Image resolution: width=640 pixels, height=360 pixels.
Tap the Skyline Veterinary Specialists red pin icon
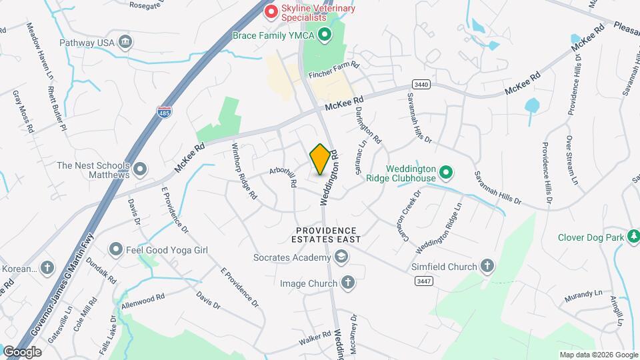[x=271, y=11]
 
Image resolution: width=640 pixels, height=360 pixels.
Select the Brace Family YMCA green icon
[x=325, y=34]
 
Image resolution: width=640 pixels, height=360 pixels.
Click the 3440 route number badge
[x=421, y=85]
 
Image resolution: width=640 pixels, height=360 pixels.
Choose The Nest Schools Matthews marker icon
[x=140, y=169]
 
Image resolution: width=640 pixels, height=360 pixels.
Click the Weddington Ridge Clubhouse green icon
[x=447, y=173]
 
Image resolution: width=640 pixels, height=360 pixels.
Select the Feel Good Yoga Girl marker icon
[x=116, y=250]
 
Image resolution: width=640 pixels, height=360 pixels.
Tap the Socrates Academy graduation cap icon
[x=341, y=257]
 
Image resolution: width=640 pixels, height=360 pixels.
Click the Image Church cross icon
[x=347, y=283]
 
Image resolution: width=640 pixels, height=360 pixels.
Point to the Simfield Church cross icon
[x=487, y=267]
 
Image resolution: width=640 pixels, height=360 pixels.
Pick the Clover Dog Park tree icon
[x=633, y=236]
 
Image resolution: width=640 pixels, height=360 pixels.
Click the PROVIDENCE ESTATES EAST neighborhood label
[x=329, y=234]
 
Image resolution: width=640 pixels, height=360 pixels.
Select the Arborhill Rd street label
[x=283, y=172]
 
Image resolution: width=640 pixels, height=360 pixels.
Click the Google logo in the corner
[x=22, y=351]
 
